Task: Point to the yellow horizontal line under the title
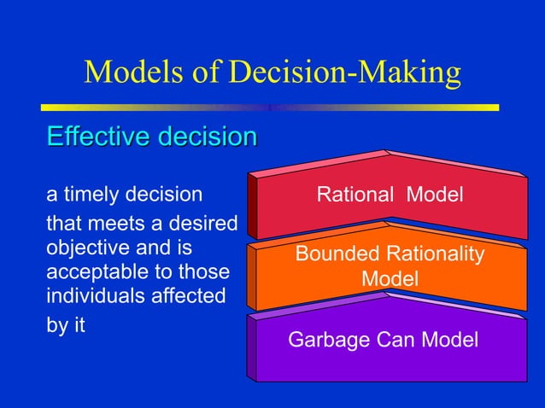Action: tap(270, 108)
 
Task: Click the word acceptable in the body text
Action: tap(89, 272)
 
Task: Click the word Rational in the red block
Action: tap(355, 195)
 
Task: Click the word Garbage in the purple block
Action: tap(323, 341)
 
